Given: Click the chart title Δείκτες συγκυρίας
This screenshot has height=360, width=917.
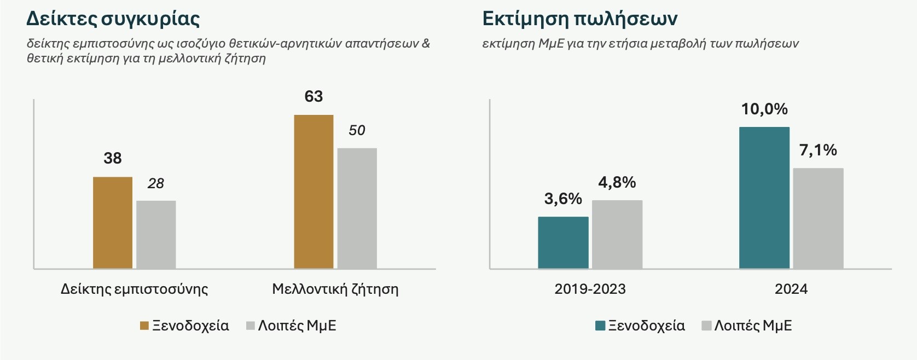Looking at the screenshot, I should point(113,19).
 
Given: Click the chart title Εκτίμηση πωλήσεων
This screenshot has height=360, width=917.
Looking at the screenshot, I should point(580,19).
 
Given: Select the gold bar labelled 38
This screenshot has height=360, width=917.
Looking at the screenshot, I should point(113,223).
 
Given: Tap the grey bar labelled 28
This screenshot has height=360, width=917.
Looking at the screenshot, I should point(156,235).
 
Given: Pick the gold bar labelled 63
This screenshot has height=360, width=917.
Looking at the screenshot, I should point(314,191).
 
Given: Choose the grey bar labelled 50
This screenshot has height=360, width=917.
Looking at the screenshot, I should point(357,208).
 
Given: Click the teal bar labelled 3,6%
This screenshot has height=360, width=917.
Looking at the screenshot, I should point(563,242).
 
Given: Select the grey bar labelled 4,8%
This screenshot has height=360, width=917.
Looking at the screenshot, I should point(617,234).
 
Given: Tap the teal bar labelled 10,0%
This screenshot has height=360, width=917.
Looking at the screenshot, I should point(764,198).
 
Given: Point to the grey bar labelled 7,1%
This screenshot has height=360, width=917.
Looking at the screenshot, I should point(818,218).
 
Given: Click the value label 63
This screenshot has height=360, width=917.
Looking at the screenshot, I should point(314,97).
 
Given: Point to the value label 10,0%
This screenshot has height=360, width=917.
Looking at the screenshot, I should point(764,109).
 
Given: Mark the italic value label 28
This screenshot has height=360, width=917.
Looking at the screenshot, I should point(156,184).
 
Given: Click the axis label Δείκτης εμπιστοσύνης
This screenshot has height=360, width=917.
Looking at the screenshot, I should point(134,289).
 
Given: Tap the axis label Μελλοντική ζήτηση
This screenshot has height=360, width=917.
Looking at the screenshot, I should point(335,289).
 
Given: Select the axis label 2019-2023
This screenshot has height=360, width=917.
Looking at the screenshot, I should point(590,289).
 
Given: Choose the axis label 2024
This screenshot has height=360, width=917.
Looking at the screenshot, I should point(791,289).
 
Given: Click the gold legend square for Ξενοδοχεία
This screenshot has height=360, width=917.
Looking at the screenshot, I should point(144,326).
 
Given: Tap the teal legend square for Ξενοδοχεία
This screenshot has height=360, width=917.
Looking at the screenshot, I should point(600,326).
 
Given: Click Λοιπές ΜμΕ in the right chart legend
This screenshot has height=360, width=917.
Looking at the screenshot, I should point(753,326).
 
